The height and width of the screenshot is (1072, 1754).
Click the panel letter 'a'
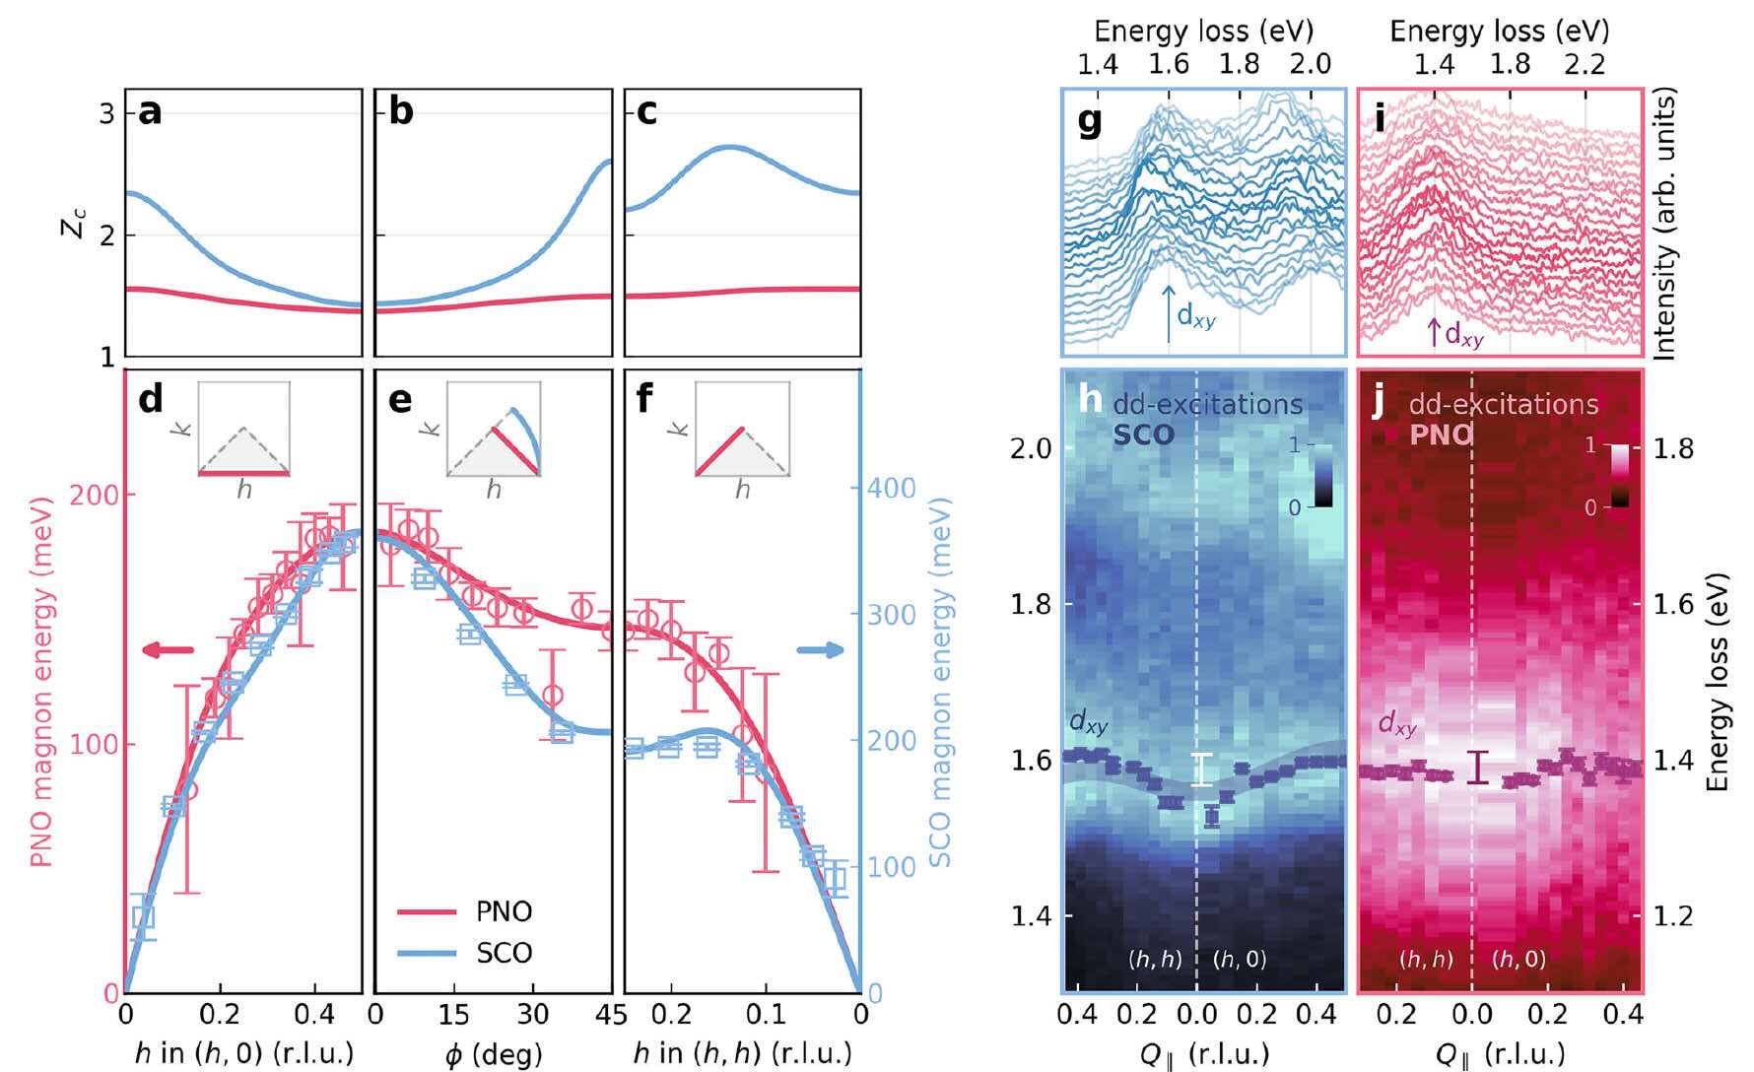pyautogui.click(x=150, y=112)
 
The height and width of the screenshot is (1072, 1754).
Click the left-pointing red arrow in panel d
pyautogui.click(x=168, y=649)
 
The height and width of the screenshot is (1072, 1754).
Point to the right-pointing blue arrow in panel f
pyautogui.click(x=820, y=649)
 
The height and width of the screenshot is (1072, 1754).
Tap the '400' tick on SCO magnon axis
pyautogui.click(x=891, y=488)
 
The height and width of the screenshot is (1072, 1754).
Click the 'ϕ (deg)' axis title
pyautogui.click(x=493, y=1053)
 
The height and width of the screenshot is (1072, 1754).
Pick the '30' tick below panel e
pyautogui.click(x=532, y=1015)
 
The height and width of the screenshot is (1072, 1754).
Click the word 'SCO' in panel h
pyautogui.click(x=1144, y=435)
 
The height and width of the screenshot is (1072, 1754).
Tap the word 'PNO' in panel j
pyautogui.click(x=1441, y=435)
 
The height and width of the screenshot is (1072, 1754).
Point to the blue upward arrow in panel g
pyautogui.click(x=1169, y=314)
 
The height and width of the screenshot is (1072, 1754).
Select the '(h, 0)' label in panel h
pyautogui.click(x=1240, y=959)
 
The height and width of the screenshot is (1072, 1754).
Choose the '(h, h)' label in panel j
pyautogui.click(x=1426, y=959)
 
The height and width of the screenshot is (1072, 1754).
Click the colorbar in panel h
pyautogui.click(x=1323, y=476)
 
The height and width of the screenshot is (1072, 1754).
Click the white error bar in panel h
pyautogui.click(x=1201, y=770)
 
